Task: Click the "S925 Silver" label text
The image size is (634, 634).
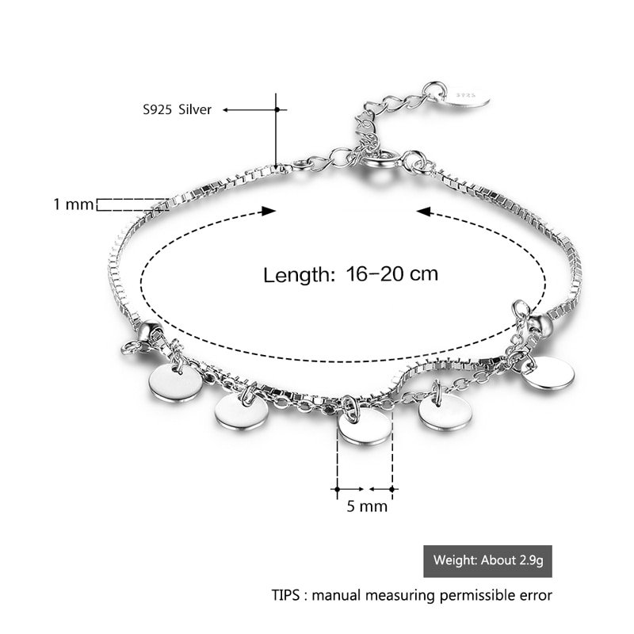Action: pyautogui.click(x=177, y=109)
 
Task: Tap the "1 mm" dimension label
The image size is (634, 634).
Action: pyautogui.click(x=74, y=204)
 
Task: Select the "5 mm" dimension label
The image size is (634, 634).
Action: pyautogui.click(x=367, y=506)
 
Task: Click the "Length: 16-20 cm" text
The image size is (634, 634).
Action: pyautogui.click(x=350, y=274)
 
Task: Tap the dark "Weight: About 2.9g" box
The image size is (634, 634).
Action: pyautogui.click(x=487, y=561)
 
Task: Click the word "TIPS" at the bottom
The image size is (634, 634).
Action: pyautogui.click(x=286, y=595)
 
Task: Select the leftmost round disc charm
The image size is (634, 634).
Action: pyautogui.click(x=176, y=383)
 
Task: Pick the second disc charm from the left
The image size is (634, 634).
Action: pyautogui.click(x=241, y=411)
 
